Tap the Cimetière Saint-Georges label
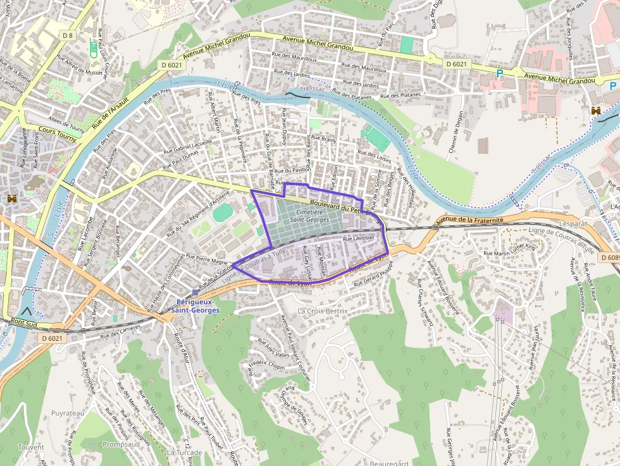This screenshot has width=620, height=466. (309, 216)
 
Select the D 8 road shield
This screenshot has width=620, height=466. (68, 36)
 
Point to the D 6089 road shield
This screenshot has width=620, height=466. (610, 258)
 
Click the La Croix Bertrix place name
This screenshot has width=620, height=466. (323, 312)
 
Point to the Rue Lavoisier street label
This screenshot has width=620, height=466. (359, 239)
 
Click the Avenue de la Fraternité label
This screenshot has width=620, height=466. (470, 221)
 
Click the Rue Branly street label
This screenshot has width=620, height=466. (323, 139)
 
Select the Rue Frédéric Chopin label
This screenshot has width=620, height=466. (266, 365)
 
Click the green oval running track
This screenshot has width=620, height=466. (222, 212)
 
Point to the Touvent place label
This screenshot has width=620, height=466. (31, 447)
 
